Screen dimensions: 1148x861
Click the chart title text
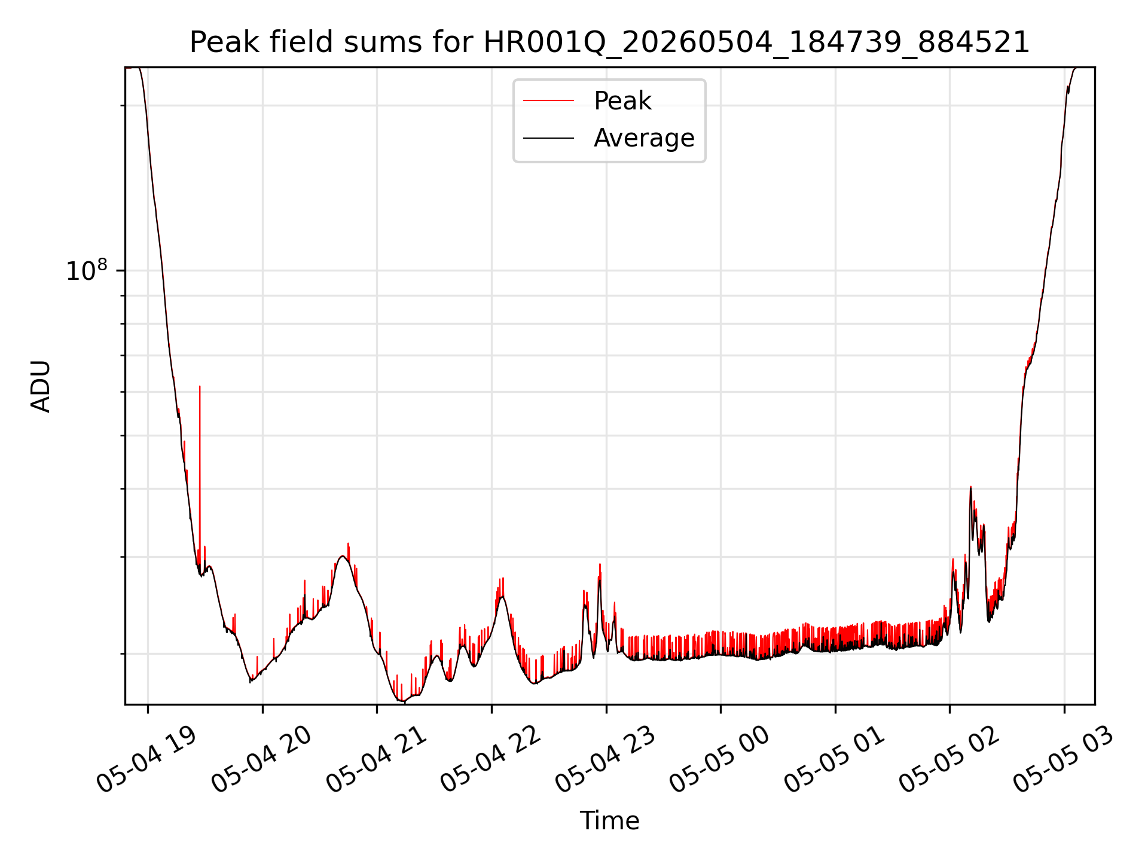[x=609, y=42]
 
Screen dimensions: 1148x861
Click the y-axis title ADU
[x=41, y=386]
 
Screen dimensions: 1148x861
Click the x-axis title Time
[x=609, y=821]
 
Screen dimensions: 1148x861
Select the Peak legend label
[x=622, y=100]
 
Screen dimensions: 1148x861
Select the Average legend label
[x=644, y=138]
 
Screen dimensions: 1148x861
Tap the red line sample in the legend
[x=548, y=101]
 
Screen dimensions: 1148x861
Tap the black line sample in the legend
[x=548, y=139]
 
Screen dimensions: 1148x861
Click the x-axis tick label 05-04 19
[x=146, y=759]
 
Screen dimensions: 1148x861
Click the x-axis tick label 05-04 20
[x=261, y=759]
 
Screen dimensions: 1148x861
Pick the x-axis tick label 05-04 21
[x=376, y=759]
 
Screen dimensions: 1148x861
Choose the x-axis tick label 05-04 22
[x=491, y=759]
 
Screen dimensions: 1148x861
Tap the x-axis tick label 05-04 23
[x=606, y=759]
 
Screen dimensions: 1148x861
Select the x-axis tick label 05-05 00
[x=720, y=759]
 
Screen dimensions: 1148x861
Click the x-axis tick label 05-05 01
[x=835, y=759]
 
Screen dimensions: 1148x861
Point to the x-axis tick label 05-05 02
[x=949, y=759]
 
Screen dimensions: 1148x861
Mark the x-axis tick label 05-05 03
[x=1064, y=759]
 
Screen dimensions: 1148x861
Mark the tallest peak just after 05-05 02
[x=970, y=487]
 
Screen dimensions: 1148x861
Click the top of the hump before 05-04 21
[x=343, y=556]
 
